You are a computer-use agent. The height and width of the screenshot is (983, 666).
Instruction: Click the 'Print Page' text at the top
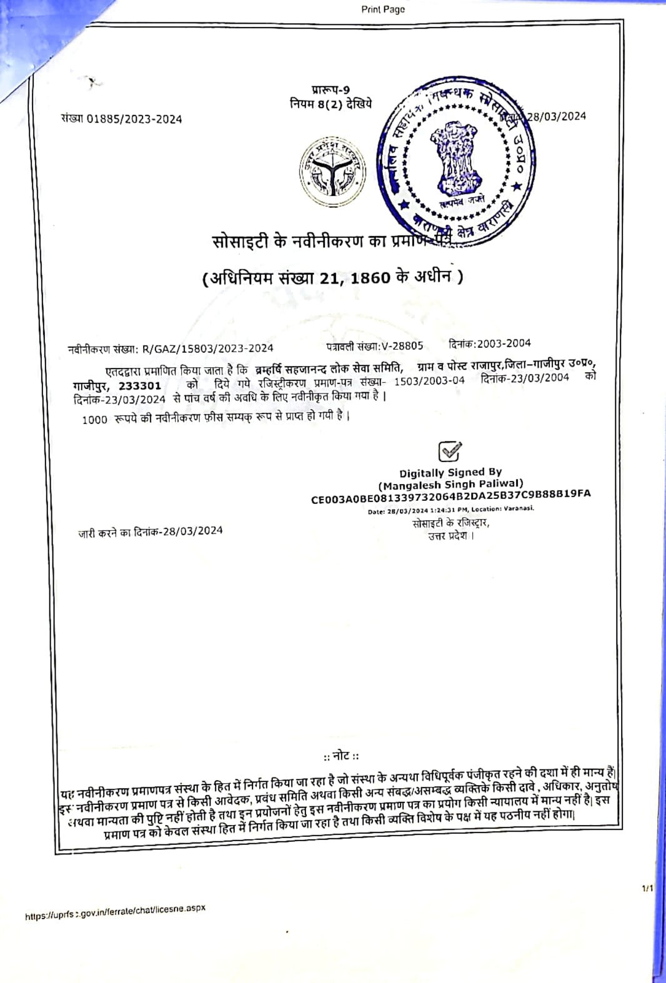[x=382, y=9]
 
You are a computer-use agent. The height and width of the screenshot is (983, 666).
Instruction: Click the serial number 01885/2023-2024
[x=134, y=119]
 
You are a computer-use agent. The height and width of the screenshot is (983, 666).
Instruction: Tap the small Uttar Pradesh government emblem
[x=332, y=172]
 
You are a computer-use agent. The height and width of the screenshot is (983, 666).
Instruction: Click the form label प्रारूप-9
[x=331, y=91]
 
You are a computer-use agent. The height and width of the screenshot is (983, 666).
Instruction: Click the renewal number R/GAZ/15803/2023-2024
[x=207, y=348]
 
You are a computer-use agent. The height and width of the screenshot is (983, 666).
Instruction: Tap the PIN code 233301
[x=140, y=386]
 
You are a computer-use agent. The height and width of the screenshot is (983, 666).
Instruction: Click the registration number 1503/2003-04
[x=429, y=380]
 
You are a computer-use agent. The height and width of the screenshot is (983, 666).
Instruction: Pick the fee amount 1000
[x=94, y=420]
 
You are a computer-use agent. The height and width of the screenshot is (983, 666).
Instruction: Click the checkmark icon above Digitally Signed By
[x=450, y=451]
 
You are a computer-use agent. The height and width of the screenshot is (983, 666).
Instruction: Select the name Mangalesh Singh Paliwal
[x=450, y=484]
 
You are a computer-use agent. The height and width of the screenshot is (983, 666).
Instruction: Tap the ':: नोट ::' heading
[x=341, y=756]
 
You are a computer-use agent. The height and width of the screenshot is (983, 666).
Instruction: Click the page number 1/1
[x=647, y=888]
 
